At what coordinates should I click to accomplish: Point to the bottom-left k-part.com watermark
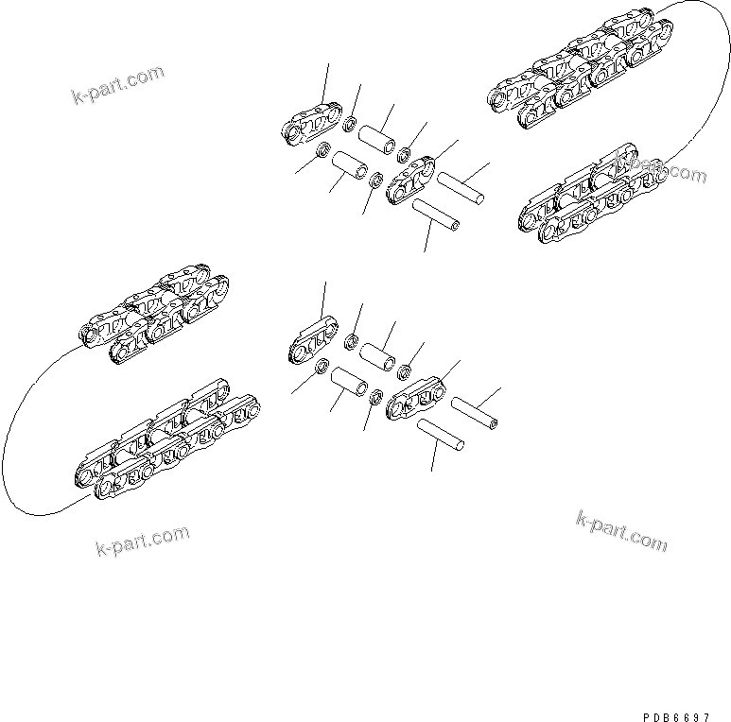point(142,542)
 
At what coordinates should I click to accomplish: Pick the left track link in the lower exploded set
point(313,342)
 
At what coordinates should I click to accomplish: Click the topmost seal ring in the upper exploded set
point(350,123)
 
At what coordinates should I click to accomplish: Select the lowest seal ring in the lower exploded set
point(375,398)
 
